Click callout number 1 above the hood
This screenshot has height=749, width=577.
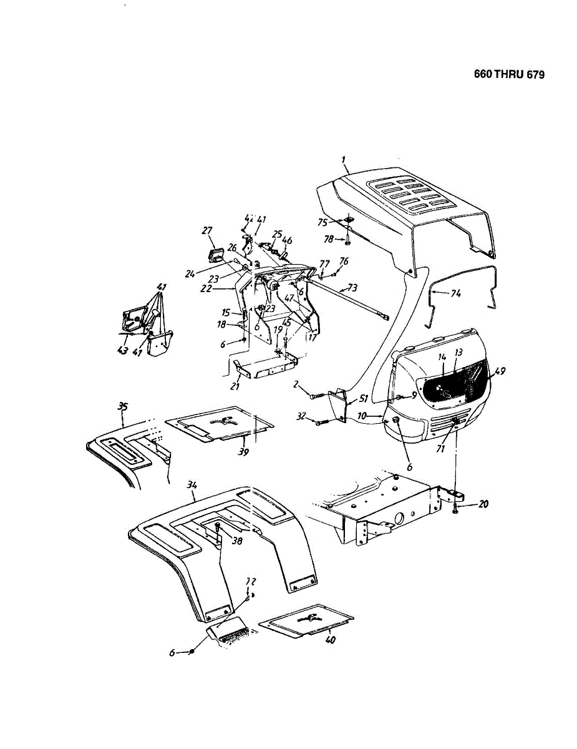tap(344, 160)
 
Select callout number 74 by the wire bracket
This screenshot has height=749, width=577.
tap(455, 293)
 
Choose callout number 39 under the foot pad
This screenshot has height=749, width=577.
tap(244, 451)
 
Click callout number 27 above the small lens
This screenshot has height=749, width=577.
tap(207, 230)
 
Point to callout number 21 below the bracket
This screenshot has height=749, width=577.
tap(235, 387)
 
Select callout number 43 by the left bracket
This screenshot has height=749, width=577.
tap(122, 351)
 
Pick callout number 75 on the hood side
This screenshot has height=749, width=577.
tap(322, 222)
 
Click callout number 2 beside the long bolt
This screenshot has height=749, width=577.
tap(298, 384)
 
